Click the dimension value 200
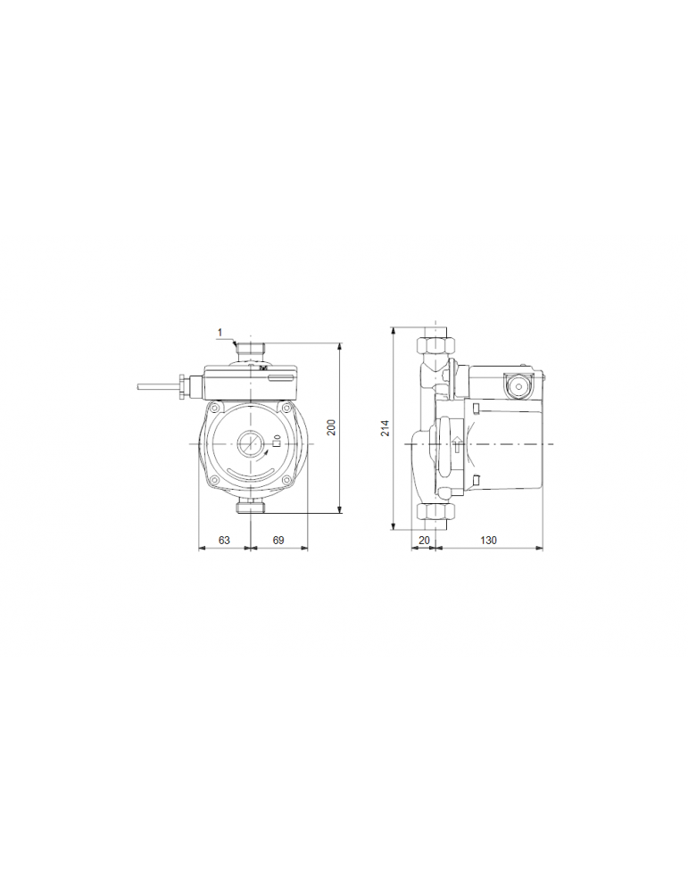click(x=331, y=427)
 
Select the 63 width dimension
click(x=224, y=540)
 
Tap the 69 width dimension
click(x=278, y=540)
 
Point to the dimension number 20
click(x=424, y=540)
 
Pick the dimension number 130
click(x=488, y=540)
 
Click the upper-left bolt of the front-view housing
click(x=215, y=409)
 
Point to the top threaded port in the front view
click(x=250, y=349)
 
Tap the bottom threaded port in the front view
click(x=250, y=508)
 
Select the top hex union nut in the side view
click(x=435, y=343)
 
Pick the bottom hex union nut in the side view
click(x=435, y=513)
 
